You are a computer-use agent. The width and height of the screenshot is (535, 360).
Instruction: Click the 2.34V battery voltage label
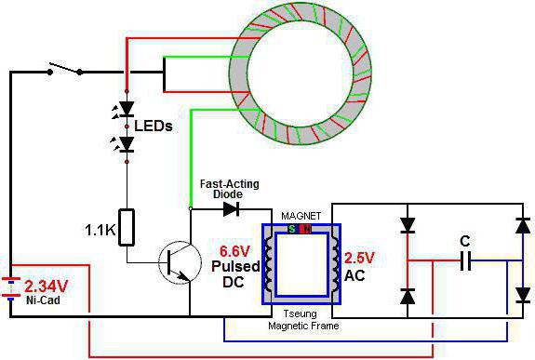pyautogui.click(x=47, y=287)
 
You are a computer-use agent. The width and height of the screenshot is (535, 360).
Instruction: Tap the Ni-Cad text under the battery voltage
pyautogui.click(x=43, y=300)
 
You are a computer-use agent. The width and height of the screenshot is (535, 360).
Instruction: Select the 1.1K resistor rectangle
pyautogui.click(x=127, y=227)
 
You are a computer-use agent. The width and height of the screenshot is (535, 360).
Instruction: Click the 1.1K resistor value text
pyautogui.click(x=100, y=231)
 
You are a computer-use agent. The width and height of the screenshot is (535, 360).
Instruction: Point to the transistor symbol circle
pyautogui.click(x=180, y=262)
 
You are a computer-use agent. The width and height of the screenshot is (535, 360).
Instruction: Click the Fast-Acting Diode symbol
pyautogui.click(x=231, y=208)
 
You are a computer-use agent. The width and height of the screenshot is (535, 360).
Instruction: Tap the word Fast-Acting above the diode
pyautogui.click(x=229, y=184)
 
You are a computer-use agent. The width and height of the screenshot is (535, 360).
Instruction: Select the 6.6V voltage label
pyautogui.click(x=234, y=251)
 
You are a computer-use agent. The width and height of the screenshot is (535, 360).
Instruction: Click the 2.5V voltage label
pyautogui.click(x=359, y=258)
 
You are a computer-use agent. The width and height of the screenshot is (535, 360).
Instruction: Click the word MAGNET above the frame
pyautogui.click(x=301, y=216)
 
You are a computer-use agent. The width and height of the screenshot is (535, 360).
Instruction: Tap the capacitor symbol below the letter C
pyautogui.click(x=466, y=261)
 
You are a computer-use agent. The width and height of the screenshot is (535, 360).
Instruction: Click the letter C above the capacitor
pyautogui.click(x=464, y=241)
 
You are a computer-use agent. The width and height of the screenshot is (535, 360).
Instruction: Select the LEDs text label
pyautogui.click(x=154, y=127)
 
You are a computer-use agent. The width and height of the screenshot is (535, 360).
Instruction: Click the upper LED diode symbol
pyautogui.click(x=127, y=109)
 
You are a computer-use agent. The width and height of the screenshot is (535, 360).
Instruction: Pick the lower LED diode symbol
pyautogui.click(x=127, y=144)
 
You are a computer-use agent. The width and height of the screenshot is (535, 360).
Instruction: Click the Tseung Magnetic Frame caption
pyautogui.click(x=303, y=320)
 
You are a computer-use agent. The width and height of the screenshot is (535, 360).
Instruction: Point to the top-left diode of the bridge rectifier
pyautogui.click(x=408, y=225)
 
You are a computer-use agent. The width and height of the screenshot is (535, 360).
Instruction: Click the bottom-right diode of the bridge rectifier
pyautogui.click(x=523, y=295)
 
